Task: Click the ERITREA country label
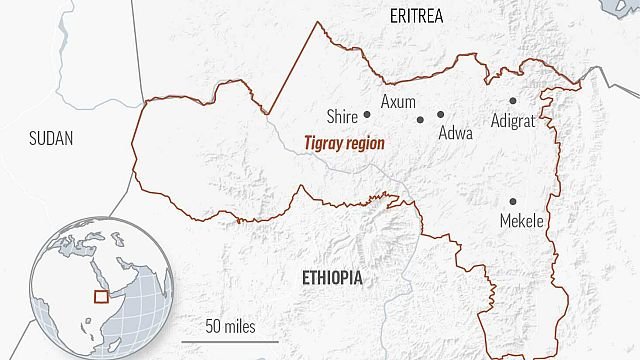pos(417,15)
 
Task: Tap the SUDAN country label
pos(51,139)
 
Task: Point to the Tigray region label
pos(343,143)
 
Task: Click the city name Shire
pos(343,116)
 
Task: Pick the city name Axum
pos(398,101)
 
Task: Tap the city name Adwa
pos(456,131)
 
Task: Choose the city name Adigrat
pos(514,120)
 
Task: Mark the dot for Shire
pos(367,115)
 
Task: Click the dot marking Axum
pos(421,120)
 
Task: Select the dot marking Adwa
pos(440,114)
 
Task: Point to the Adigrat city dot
pos(512,101)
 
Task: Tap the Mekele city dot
pos(513,202)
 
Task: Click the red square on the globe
pos(99,295)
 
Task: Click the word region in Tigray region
pos(362,144)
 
